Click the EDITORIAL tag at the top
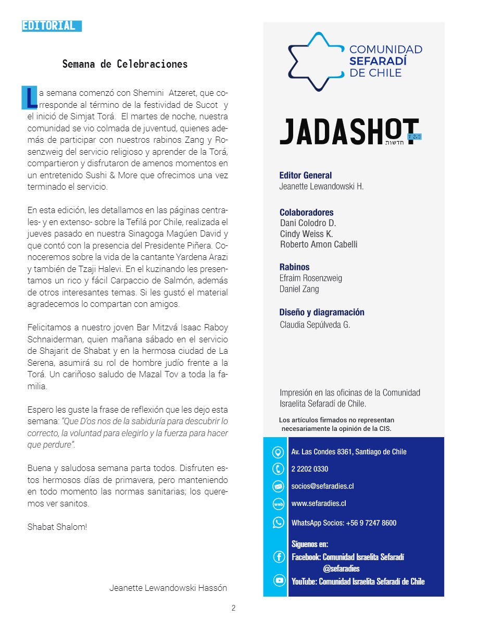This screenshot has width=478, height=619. point(52,26)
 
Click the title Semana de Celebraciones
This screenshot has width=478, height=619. point(125,65)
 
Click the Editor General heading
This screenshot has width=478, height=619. point(306,176)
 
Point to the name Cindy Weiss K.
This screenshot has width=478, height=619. point(306,234)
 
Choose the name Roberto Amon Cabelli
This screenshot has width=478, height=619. point(319,245)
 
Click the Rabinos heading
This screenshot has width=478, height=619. point(295,267)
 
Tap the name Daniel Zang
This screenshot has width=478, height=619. point(299,289)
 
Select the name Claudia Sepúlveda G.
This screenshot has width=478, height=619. point(315,325)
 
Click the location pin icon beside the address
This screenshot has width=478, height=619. point(279,452)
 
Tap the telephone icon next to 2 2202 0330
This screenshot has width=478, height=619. point(279,469)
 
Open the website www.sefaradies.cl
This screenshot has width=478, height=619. point(319,503)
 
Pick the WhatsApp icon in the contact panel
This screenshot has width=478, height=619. point(279,522)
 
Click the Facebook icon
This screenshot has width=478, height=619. point(279,557)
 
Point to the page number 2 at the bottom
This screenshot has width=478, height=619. point(234,608)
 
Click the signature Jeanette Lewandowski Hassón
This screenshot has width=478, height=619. point(168,588)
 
